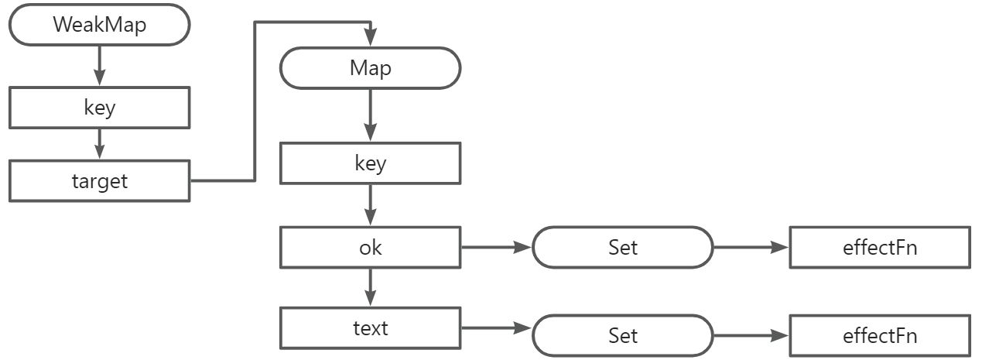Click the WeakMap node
point(99,24)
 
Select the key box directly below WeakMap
point(99,107)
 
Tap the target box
point(99,181)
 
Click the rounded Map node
point(370,68)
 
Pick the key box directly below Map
point(370,164)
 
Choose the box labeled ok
point(370,248)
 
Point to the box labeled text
point(370,328)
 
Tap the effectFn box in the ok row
point(879,248)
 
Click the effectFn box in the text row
point(879,335)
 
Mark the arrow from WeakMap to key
point(99,65)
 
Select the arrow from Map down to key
point(370,116)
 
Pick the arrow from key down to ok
point(370,205)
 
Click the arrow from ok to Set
point(496,248)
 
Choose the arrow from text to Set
point(496,328)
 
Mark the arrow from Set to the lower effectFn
point(751,335)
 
